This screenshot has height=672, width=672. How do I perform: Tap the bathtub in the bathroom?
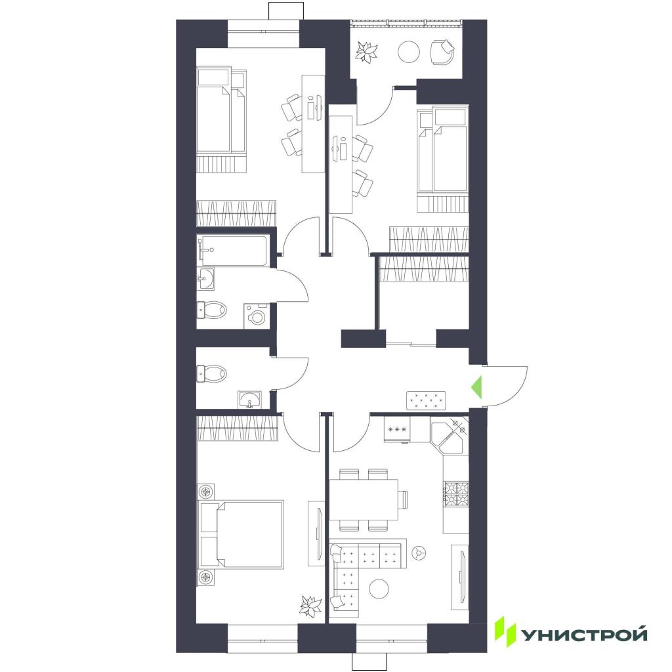[234, 250]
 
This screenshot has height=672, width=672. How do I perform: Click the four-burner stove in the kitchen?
[456, 493]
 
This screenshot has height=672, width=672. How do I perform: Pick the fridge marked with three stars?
[397, 429]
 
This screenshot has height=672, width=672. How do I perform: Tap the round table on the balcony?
[408, 52]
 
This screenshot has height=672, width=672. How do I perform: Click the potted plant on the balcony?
[367, 52]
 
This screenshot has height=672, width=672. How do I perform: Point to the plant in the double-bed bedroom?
[310, 606]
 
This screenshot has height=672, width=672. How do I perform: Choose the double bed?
[241, 534]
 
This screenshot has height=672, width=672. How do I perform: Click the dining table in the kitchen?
[364, 499]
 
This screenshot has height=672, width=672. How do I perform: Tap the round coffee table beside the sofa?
[379, 589]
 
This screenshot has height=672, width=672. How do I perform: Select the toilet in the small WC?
[211, 373]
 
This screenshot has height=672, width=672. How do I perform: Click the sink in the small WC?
[250, 400]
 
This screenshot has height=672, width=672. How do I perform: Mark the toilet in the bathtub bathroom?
[211, 310]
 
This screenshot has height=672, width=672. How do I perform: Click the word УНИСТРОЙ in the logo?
[583, 635]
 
